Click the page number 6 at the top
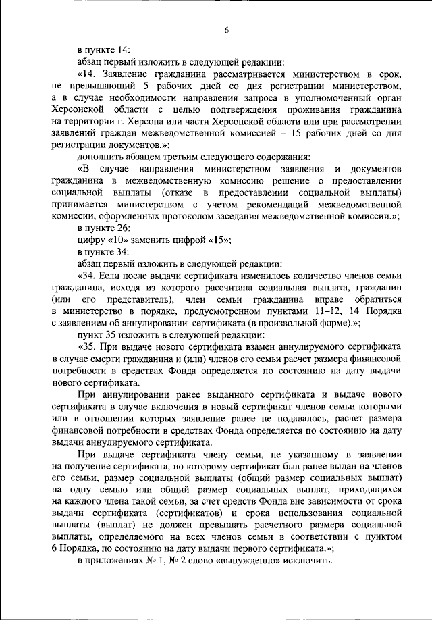[x=227, y=30]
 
